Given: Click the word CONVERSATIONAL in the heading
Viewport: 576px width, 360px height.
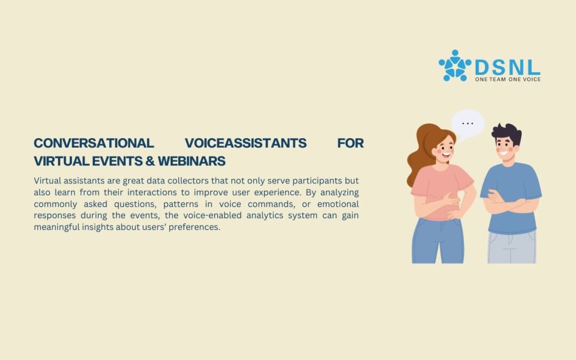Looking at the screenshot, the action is pyautogui.click(x=94, y=143).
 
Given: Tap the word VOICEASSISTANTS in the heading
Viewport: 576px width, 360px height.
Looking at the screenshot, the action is pyautogui.click(x=245, y=143).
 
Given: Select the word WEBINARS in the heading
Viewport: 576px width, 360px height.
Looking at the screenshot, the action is pyautogui.click(x=192, y=161).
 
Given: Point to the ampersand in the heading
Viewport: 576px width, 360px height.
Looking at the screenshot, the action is pyautogui.click(x=150, y=161).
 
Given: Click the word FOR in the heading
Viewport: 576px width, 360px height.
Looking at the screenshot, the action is pyautogui.click(x=350, y=143).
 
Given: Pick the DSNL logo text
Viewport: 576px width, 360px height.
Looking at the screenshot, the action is pyautogui.click(x=508, y=68).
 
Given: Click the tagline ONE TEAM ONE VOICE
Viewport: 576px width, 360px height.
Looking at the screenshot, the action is pyautogui.click(x=508, y=79).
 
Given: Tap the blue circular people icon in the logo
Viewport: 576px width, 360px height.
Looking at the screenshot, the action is pyautogui.click(x=455, y=66).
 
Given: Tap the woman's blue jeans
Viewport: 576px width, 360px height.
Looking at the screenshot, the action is pyautogui.click(x=437, y=241).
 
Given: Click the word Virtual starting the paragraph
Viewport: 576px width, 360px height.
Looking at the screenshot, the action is pyautogui.click(x=47, y=181).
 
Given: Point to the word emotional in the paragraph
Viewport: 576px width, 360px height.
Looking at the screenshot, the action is pyautogui.click(x=338, y=204).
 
